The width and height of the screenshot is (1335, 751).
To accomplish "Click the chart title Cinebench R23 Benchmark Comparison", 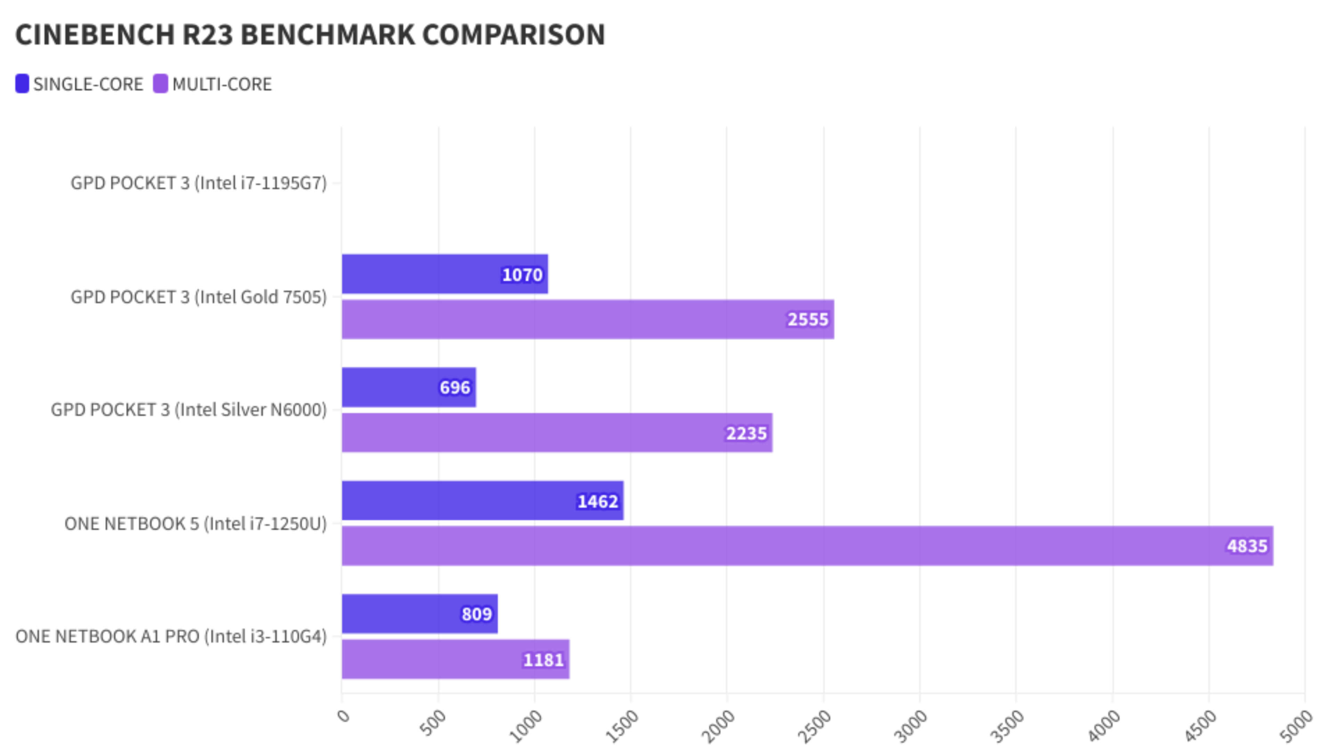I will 310,35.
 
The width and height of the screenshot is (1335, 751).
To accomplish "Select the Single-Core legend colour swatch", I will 22,84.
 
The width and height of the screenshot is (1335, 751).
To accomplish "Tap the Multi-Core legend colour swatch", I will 161,84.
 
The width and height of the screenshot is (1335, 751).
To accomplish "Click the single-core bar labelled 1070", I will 444,274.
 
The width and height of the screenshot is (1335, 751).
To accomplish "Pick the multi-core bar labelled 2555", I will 587,319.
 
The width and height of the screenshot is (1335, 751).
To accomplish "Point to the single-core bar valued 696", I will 408,387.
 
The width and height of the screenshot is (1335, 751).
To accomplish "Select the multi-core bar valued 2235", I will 557,433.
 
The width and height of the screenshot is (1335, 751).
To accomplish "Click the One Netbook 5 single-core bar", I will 482,501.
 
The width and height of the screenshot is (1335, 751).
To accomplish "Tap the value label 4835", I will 1247,546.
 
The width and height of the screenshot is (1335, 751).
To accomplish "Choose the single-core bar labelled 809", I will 419,614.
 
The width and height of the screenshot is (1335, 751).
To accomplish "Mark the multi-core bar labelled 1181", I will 455,659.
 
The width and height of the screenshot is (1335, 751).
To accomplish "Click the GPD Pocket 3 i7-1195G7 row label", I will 199,183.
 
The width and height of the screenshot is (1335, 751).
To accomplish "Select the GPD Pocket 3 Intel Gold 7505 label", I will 199,297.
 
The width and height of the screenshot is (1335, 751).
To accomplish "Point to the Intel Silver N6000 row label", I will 189,410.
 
